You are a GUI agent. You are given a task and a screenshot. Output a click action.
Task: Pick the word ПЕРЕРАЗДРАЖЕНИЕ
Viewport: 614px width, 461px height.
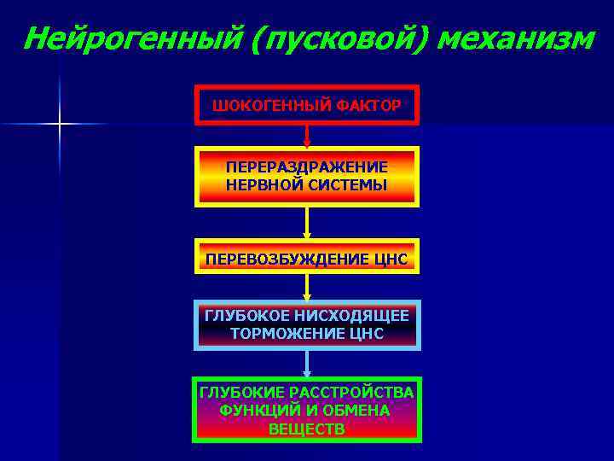point(307,166)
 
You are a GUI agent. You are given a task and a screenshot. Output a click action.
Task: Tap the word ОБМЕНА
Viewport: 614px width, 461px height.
point(356,410)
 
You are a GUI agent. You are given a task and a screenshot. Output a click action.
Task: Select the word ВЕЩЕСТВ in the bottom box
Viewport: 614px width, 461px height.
point(307,429)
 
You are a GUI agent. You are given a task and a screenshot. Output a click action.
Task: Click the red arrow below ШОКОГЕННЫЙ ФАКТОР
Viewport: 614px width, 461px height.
point(307,136)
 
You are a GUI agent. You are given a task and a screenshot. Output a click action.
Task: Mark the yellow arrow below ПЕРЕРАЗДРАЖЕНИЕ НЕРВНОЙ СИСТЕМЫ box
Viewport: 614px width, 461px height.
point(307,224)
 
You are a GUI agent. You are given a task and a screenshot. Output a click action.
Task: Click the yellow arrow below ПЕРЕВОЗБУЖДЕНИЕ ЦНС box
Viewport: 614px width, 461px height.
point(307,288)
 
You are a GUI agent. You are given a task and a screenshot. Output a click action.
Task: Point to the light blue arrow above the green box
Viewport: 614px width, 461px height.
point(307,364)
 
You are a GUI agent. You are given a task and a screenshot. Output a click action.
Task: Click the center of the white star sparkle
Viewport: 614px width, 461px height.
point(60,125)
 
